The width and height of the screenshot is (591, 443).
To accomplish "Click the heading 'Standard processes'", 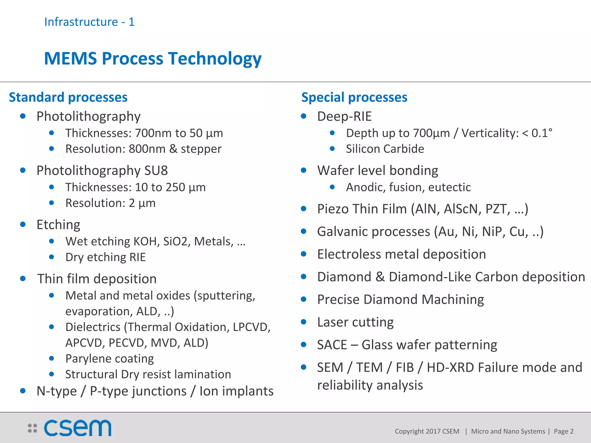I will pos(68,97).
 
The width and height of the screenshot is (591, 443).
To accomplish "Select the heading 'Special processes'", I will pos(354,97).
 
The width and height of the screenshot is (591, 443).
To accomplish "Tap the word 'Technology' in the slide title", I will pos(215,59).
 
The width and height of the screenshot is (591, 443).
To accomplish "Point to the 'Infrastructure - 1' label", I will pos(89,22).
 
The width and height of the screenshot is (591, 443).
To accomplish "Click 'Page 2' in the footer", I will pos(563,431).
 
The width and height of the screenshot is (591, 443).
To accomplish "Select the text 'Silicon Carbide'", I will pos(385,149).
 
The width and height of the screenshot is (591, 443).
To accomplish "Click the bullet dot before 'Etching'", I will pos(23,224).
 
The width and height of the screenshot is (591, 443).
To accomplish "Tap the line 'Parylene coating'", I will pos(110,358).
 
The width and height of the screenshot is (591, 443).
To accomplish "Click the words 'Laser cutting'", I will pos(355,322).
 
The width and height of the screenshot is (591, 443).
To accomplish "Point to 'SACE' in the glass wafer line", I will pos(332,345).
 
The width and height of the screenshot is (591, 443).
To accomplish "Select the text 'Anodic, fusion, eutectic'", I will pos(408,187).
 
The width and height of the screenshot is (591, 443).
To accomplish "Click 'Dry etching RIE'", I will pos(106,257).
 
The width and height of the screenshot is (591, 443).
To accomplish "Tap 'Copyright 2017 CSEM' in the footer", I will pos(427,431).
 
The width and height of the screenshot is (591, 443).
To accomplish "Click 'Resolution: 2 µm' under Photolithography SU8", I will pos(111,203).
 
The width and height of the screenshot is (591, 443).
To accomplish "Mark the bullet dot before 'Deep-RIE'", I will pos(304,116).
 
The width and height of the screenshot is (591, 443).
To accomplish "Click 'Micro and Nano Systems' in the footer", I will pos(508,431).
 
